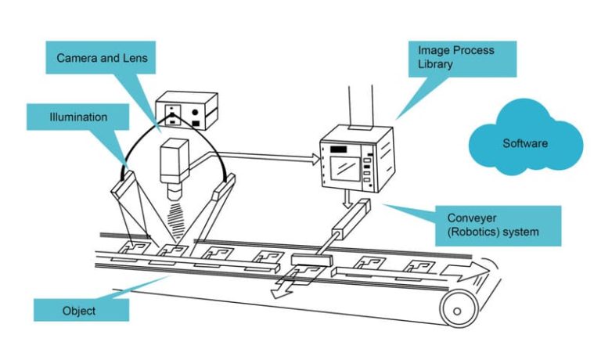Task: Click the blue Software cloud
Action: (525, 142)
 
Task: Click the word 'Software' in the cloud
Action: (525, 143)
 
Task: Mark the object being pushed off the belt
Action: (308, 272)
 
